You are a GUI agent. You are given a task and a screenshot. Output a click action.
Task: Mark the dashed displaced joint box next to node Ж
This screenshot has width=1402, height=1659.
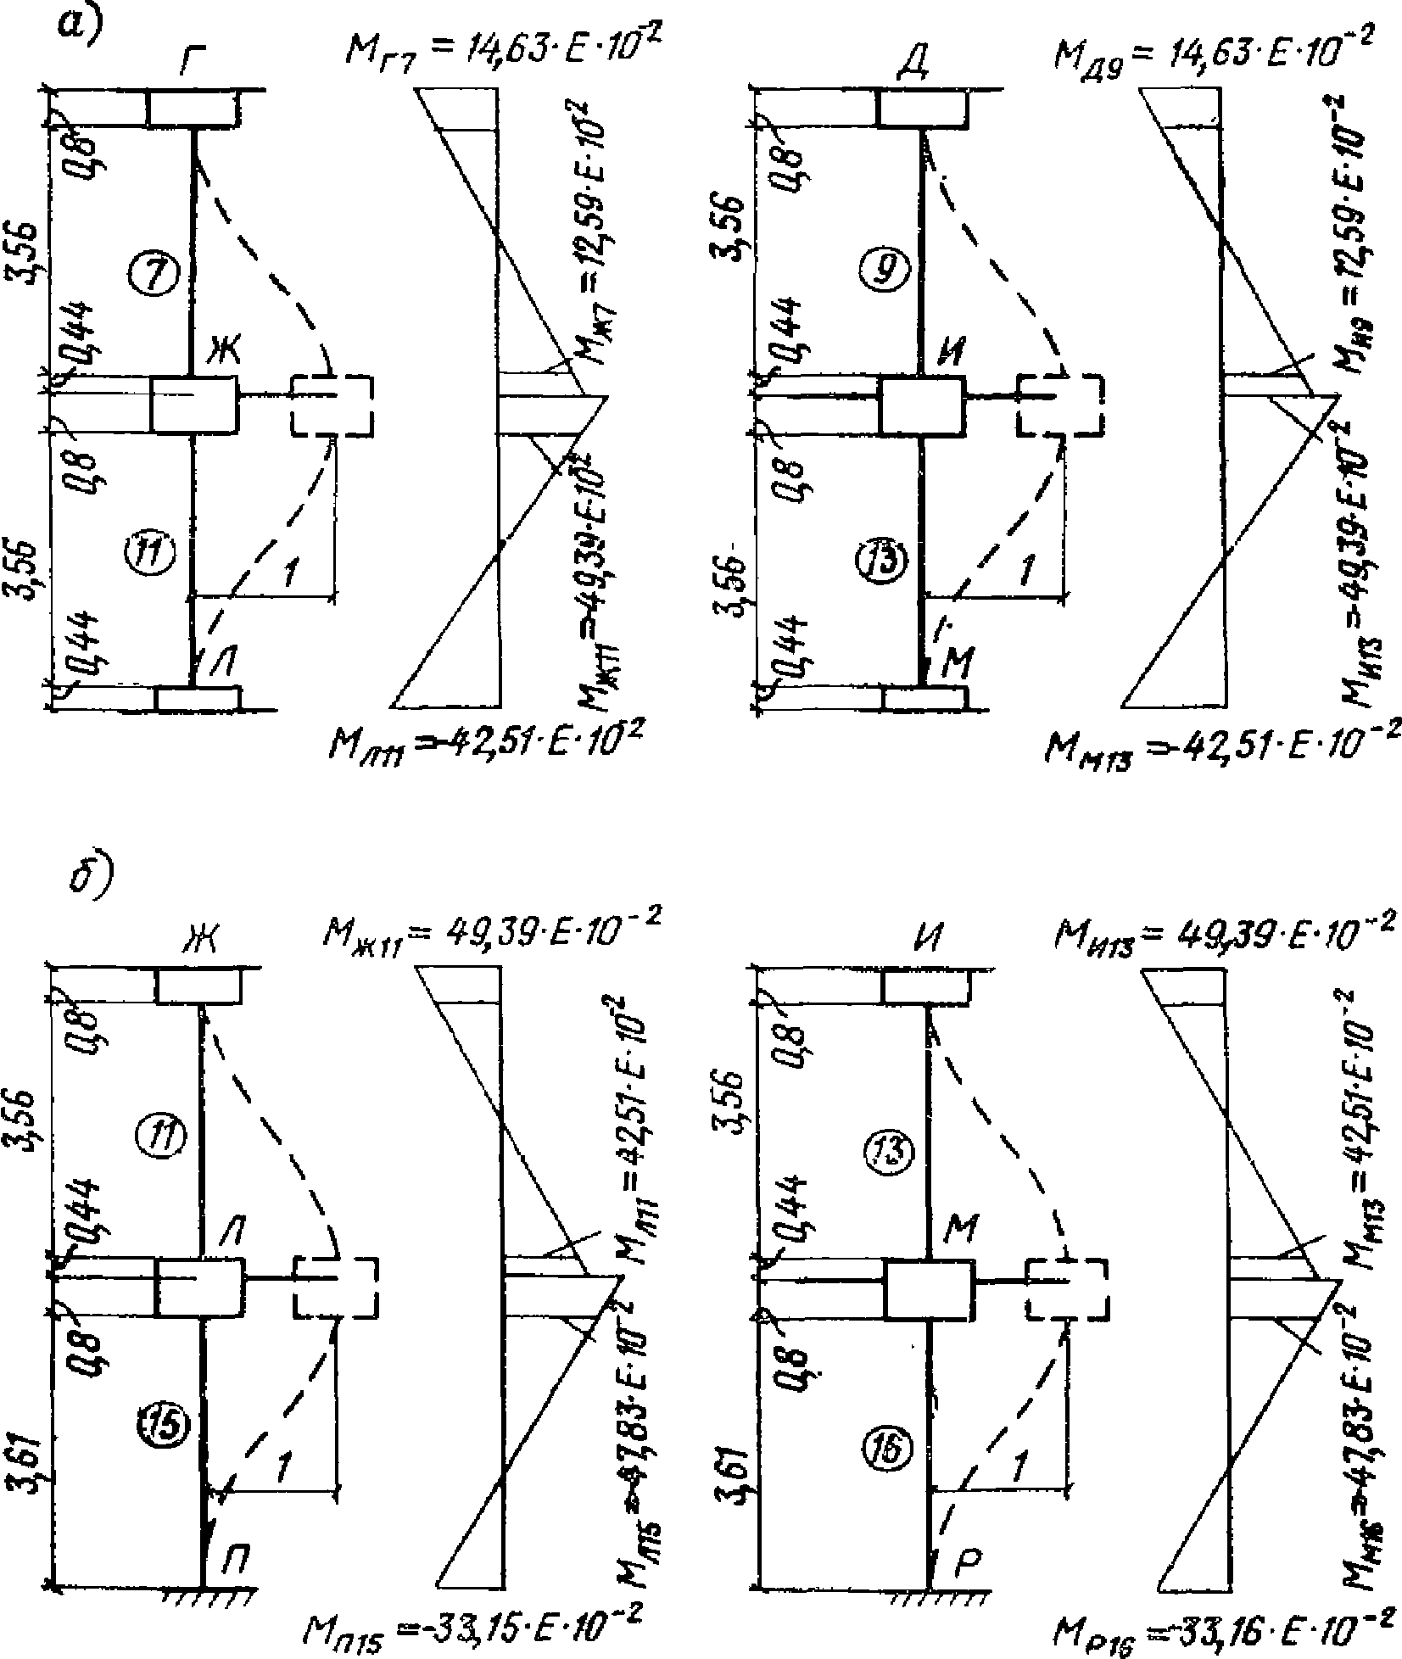[332, 405]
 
